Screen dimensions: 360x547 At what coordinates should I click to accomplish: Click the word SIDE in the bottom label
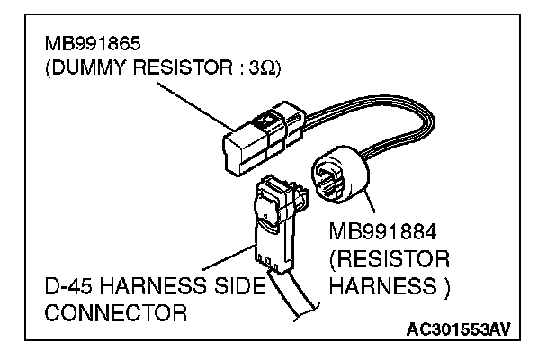pos(236,290)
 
